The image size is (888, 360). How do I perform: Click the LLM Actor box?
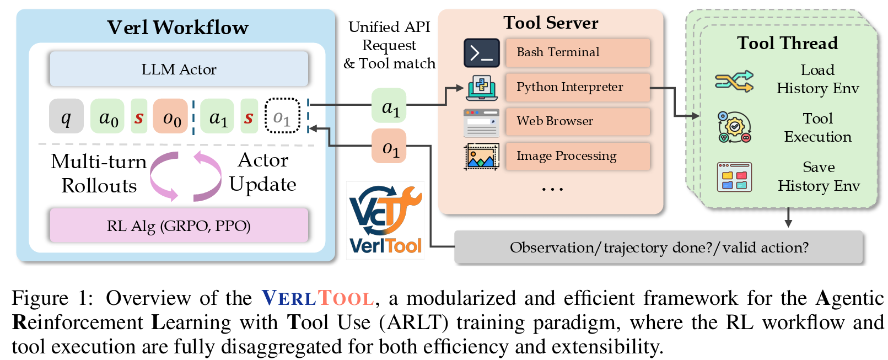[x=179, y=69]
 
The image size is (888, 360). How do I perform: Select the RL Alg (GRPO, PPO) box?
[x=179, y=225]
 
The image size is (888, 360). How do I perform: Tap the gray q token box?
[x=66, y=116]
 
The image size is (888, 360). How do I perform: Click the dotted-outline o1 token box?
[x=282, y=116]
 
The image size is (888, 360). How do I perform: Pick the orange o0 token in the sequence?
[x=171, y=116]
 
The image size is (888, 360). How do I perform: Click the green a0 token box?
[x=107, y=116]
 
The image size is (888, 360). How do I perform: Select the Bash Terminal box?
[x=577, y=52]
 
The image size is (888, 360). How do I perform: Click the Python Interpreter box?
[x=577, y=87]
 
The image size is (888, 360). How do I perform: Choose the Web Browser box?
[x=577, y=121]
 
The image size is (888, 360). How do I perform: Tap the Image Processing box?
[x=577, y=156]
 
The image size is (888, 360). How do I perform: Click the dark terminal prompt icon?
[x=481, y=53]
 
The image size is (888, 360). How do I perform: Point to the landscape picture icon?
[x=481, y=157]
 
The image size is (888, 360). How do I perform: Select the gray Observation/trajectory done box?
[x=658, y=247]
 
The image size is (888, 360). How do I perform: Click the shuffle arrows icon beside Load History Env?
[x=734, y=81]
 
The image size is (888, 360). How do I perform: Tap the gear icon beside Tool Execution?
[x=734, y=127]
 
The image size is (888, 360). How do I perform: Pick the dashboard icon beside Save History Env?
[x=734, y=176]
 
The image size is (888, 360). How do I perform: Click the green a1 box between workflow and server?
[x=389, y=105]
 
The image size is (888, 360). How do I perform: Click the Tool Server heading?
[x=550, y=23]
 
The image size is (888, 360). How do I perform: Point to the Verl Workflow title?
[x=177, y=28]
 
